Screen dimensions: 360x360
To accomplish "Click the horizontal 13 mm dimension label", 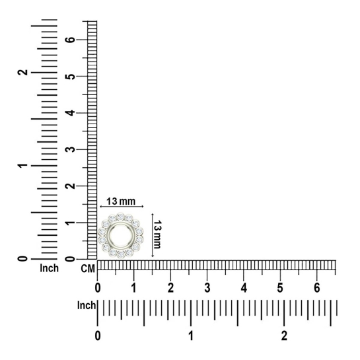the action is (121, 201).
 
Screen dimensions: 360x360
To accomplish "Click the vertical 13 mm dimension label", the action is (157, 234).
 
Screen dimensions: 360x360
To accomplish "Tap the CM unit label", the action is (88, 269).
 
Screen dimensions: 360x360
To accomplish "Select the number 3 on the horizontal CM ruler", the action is (207, 288).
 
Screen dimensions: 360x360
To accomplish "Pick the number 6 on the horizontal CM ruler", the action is (317, 288).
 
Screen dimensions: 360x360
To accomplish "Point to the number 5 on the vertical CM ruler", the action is (70, 76).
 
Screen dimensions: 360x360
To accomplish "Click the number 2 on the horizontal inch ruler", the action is (284, 336).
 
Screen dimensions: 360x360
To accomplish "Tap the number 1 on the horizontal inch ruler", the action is (191, 336).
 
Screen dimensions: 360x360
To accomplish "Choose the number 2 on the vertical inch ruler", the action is (22, 72).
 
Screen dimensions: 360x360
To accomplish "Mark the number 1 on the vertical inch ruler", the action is (22, 165).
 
